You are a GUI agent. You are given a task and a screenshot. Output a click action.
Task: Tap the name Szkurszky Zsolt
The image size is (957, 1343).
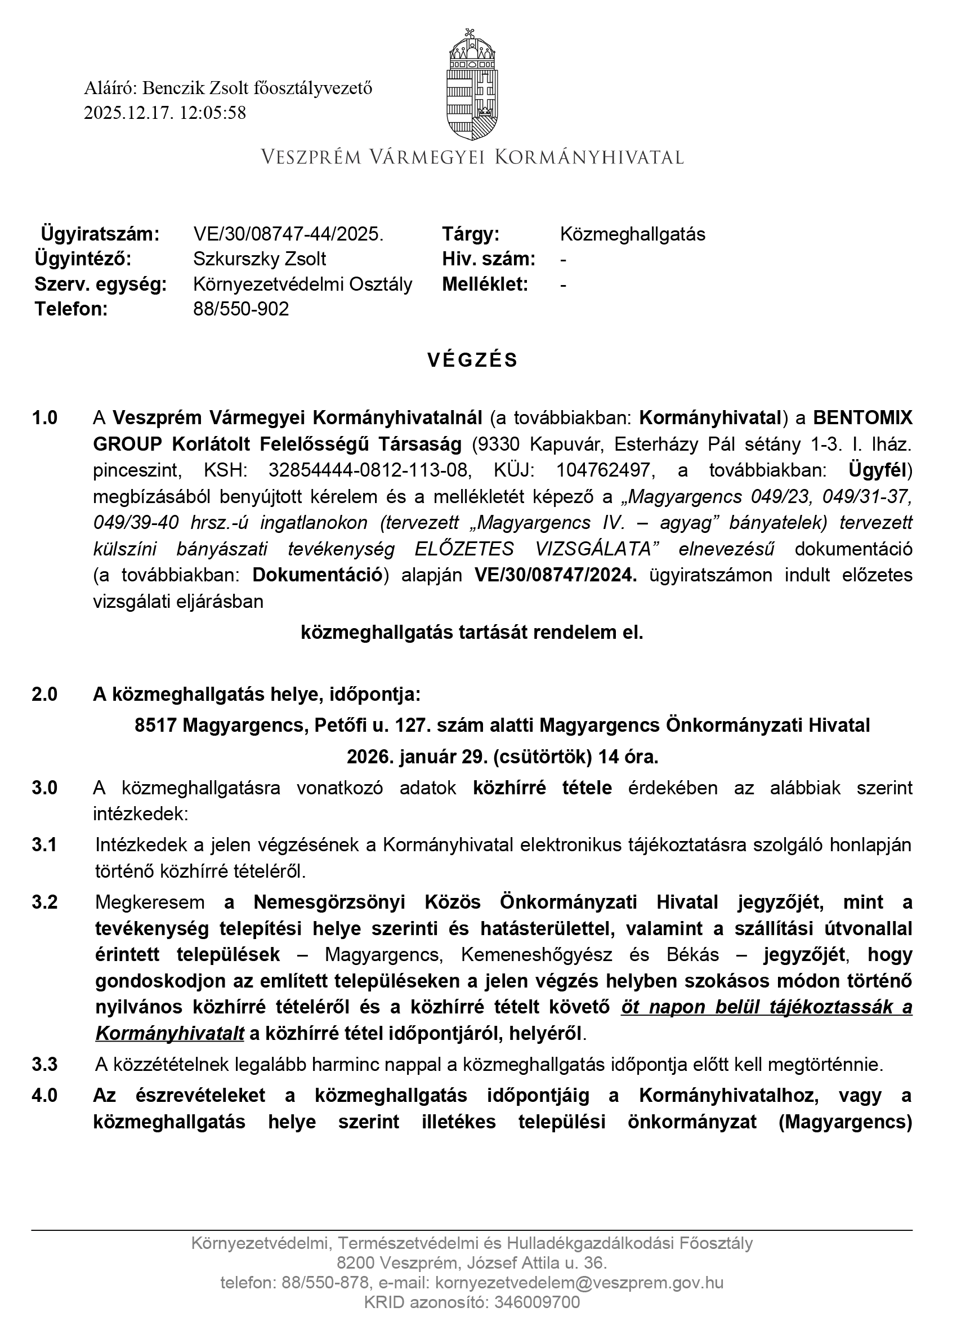coord(260,259)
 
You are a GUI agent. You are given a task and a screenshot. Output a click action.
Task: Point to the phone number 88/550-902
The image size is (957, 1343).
coord(241,309)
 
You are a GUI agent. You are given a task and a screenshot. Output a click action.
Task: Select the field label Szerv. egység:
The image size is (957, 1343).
coord(101,284)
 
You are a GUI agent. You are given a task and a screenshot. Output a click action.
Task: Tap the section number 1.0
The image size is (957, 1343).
coord(45,417)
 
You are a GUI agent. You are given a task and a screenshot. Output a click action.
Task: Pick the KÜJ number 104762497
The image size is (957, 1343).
coord(603,470)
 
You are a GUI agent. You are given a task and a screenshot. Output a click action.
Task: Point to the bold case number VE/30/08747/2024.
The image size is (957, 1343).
coord(556,575)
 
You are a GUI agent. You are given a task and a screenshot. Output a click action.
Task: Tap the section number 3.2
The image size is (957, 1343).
coord(45,902)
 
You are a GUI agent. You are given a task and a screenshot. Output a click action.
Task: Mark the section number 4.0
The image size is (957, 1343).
coord(45,1095)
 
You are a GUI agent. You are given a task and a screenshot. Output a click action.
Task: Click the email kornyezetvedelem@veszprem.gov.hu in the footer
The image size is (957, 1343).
coord(580,1283)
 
